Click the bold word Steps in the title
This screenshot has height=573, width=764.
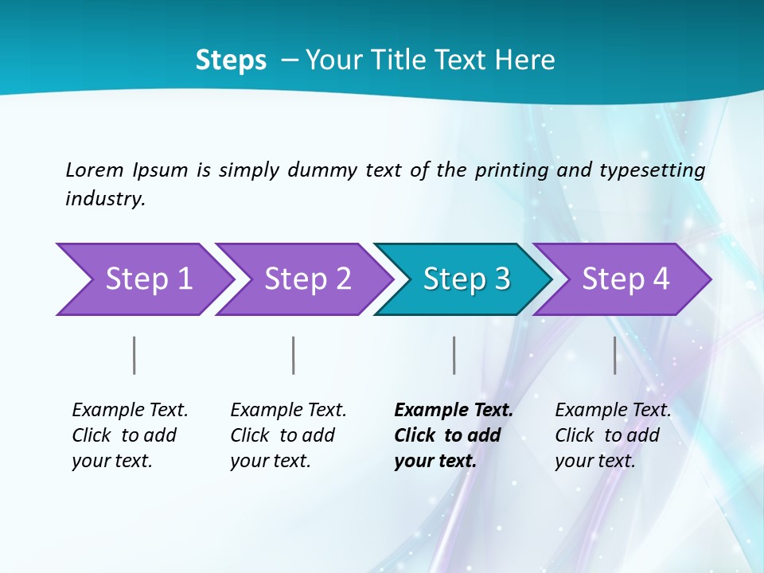tap(231, 60)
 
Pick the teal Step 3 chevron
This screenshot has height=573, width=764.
tap(463, 279)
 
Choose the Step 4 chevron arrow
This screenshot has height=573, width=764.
tap(622, 279)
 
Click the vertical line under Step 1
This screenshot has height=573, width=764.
tap(134, 355)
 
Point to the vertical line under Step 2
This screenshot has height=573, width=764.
tap(294, 355)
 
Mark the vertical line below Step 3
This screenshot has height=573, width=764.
tap(454, 355)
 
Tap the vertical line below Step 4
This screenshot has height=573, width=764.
tap(615, 355)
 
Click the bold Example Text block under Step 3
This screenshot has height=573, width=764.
tap(454, 435)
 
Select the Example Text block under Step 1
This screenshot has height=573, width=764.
tap(130, 435)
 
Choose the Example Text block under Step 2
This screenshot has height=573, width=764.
tap(288, 435)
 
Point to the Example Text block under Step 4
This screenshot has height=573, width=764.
tap(613, 435)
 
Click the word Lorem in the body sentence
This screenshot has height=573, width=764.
tap(95, 170)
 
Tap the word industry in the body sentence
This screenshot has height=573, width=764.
tap(105, 199)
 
